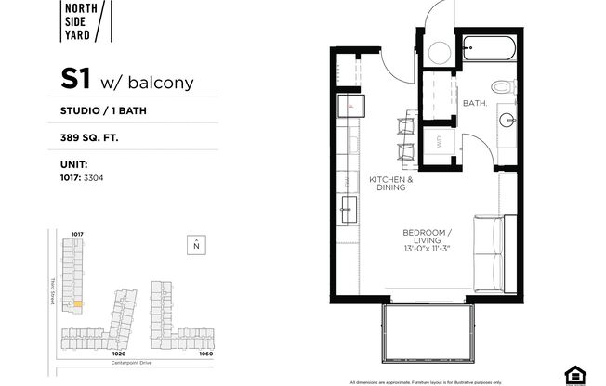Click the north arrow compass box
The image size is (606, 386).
click(196, 245)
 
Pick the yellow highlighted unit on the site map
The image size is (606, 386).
click(79, 302)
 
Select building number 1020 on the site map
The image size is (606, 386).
click(118, 353)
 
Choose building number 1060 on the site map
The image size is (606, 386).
click(205, 353)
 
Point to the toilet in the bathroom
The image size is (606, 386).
click(503, 87)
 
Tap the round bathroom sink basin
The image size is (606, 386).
click(507, 119)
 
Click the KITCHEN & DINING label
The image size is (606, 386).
click(390, 183)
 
